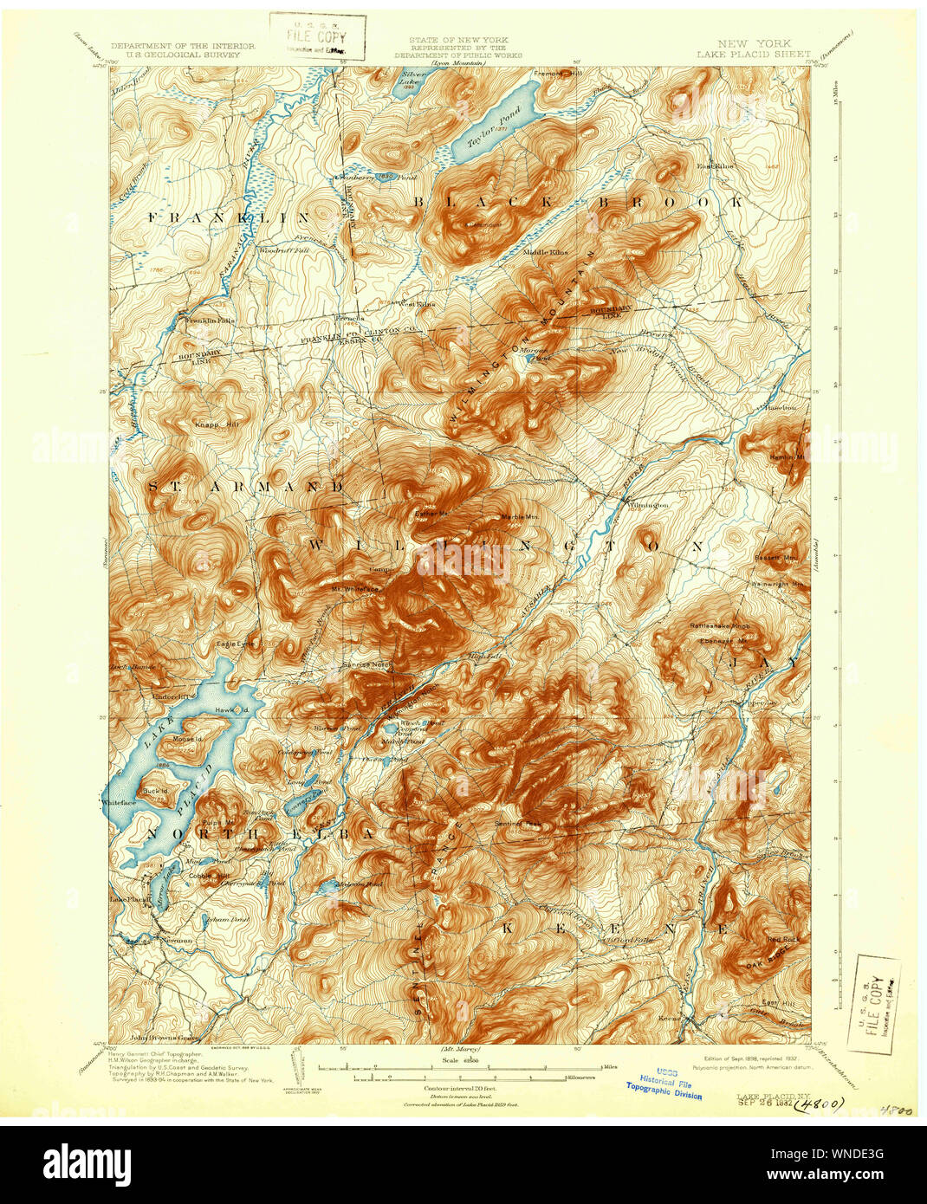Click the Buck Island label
[155, 791]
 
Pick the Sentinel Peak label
[516, 823]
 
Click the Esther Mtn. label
[430, 514]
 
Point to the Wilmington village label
[648, 504]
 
